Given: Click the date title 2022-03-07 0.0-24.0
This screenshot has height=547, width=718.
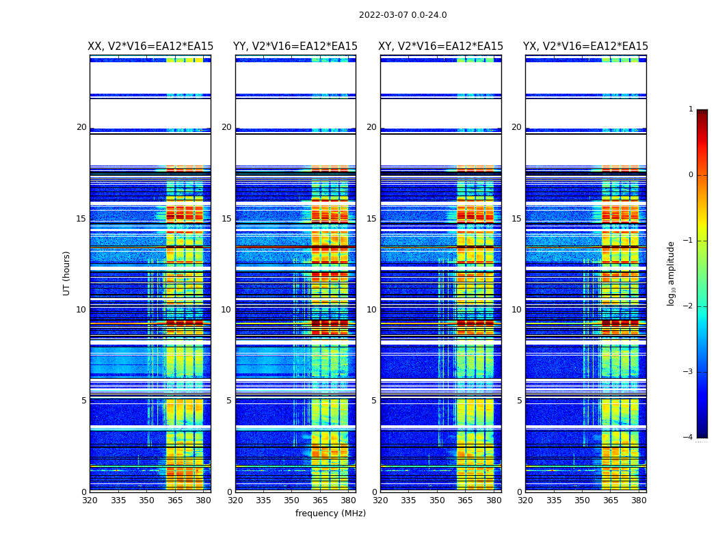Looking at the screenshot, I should click(403, 15).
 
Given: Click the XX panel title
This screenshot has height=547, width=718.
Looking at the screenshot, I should click(150, 46).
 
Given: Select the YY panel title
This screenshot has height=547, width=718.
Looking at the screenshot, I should click(295, 46).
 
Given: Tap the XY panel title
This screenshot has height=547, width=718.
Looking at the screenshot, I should click(440, 46).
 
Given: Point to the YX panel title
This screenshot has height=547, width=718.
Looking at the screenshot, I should click(585, 46).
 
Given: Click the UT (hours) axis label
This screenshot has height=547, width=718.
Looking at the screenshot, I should click(67, 273).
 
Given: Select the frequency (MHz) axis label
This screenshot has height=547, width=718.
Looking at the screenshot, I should click(330, 513).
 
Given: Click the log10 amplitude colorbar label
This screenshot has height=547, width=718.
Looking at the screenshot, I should click(672, 273).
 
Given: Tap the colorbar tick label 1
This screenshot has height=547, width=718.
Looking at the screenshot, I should click(691, 109).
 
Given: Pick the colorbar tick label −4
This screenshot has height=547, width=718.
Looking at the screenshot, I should click(689, 438).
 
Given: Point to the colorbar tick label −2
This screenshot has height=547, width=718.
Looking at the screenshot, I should click(689, 306).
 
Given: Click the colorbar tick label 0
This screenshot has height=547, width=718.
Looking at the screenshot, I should click(691, 175).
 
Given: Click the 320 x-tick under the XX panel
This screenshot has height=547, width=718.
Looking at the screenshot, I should click(90, 501).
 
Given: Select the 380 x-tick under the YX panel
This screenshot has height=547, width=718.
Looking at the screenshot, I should click(639, 501).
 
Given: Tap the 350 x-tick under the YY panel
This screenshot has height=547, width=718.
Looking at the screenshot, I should click(292, 501).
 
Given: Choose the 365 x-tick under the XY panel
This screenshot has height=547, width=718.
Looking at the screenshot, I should click(465, 501).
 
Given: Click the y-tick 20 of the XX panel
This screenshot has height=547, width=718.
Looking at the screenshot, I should click(81, 127).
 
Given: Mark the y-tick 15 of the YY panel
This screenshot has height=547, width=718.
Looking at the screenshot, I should click(226, 219).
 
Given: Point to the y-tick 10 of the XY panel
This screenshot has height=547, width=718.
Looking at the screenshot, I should click(371, 310).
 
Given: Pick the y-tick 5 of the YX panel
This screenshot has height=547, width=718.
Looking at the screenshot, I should click(519, 401).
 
